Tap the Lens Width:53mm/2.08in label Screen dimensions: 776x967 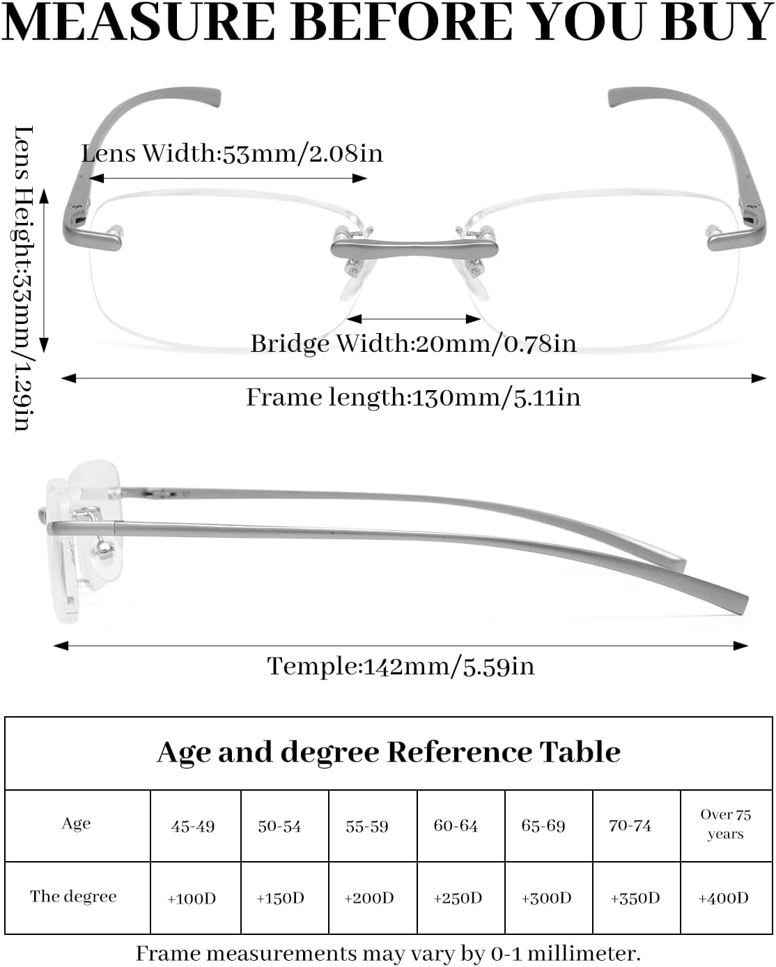pyautogui.click(x=232, y=154)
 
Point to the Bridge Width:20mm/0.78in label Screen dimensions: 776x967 pyautogui.click(x=413, y=344)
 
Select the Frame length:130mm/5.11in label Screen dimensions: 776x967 pyautogui.click(x=413, y=398)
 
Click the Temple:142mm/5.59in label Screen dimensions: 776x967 pyautogui.click(x=401, y=666)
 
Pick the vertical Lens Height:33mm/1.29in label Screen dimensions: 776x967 pyautogui.click(x=22, y=278)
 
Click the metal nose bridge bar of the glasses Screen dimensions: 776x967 pyautogui.click(x=414, y=249)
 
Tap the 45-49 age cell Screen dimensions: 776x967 pyautogui.click(x=193, y=826)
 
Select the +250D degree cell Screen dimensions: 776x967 pyautogui.click(x=458, y=898)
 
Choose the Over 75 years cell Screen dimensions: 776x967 pyautogui.click(x=726, y=824)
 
